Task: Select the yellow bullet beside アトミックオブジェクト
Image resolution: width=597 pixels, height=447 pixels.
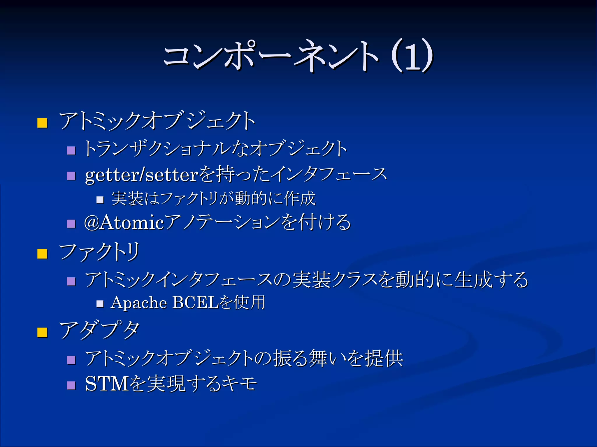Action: [42, 123]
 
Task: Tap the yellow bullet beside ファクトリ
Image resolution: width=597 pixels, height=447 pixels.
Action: [42, 253]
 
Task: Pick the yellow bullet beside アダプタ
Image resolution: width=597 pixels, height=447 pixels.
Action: [42, 332]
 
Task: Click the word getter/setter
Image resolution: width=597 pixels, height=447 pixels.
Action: [142, 175]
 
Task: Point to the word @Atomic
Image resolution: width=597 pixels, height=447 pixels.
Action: [124, 223]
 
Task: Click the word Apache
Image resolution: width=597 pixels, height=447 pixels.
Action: [139, 303]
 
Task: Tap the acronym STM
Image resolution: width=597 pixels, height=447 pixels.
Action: [107, 384]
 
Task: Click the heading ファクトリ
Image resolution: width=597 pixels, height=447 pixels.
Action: [99, 252]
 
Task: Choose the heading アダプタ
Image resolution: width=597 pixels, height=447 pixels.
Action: [99, 331]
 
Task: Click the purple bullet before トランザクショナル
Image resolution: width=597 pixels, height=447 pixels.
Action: [71, 150]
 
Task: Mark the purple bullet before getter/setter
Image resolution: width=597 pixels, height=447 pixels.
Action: [71, 176]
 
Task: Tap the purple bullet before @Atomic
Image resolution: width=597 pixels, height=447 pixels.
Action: [71, 223]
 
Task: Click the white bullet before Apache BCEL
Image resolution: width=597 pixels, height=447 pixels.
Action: [100, 304]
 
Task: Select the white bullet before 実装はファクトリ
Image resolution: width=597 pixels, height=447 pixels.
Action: [100, 200]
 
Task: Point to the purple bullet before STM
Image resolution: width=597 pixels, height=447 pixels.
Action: [71, 385]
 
